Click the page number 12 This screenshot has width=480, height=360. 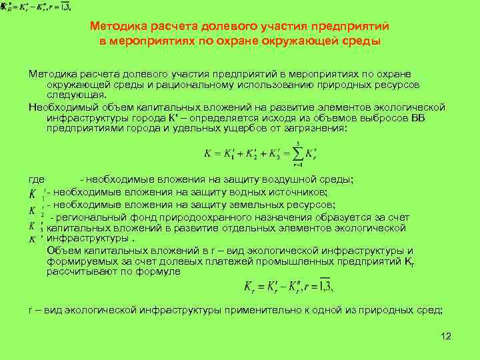[x=446, y=336]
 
